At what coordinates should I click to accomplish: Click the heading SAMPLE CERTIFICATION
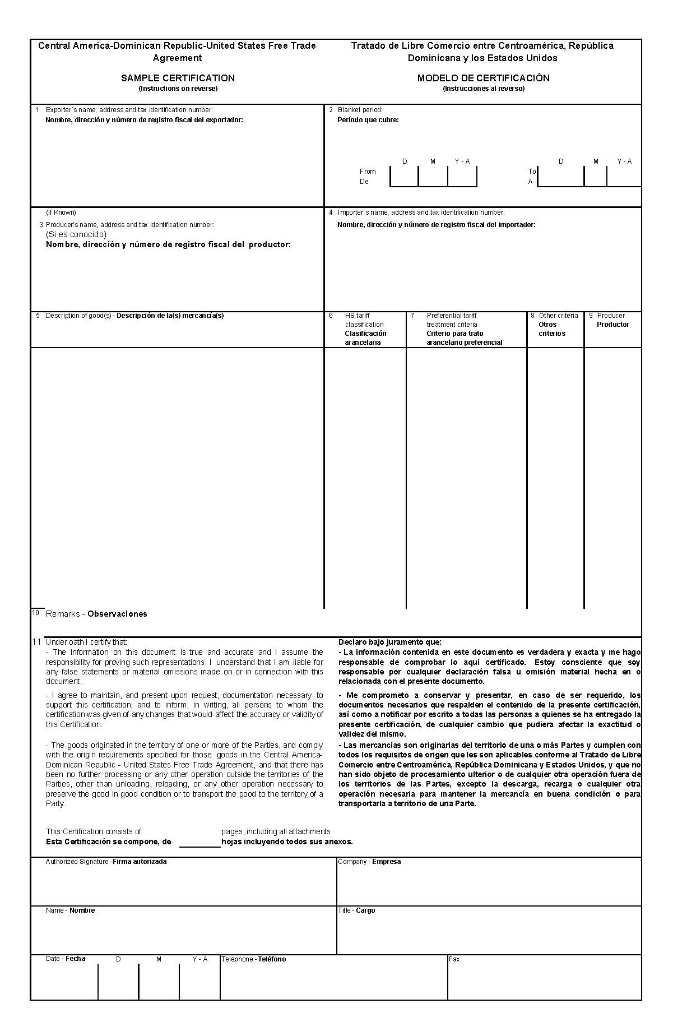pos(178,78)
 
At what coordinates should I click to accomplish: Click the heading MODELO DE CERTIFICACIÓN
pos(483,78)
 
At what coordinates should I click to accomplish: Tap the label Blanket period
pos(360,110)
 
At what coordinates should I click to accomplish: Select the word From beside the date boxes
pos(368,172)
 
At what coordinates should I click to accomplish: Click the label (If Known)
pos(61,212)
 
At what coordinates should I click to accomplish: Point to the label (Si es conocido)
pos(76,234)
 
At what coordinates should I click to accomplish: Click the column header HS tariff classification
pos(364,320)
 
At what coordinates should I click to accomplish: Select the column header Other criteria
pos(558,316)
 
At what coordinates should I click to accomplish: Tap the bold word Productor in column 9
pos(612,325)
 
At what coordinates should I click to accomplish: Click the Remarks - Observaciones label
pos(96,614)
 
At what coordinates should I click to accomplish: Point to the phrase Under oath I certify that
pos(86,642)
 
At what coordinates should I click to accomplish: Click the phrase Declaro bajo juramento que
pos(389,642)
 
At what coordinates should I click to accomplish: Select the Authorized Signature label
pos(106,862)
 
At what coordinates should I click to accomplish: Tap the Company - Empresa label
pos(369,862)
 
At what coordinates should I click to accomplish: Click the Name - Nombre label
pos(70,910)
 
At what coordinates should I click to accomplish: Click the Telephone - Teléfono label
pos(253,959)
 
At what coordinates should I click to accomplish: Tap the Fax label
pos(454,959)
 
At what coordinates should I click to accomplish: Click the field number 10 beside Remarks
pos(35,613)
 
